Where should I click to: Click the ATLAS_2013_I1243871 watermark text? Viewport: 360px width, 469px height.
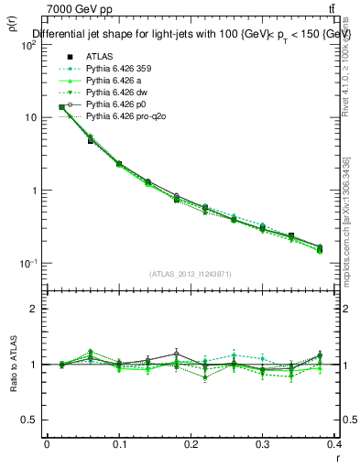tap(192, 274)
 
